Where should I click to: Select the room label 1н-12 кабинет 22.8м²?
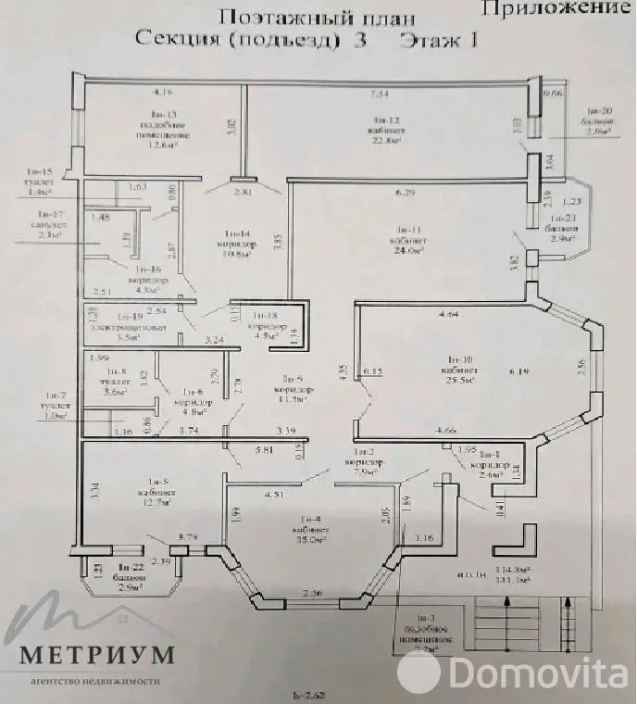point(386,131)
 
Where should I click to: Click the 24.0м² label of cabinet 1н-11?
point(409,250)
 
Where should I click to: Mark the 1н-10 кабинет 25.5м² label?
point(460,369)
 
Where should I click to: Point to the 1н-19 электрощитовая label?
point(129,327)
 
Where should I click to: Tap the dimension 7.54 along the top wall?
point(379,94)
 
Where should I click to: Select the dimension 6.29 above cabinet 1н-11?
point(404,193)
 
